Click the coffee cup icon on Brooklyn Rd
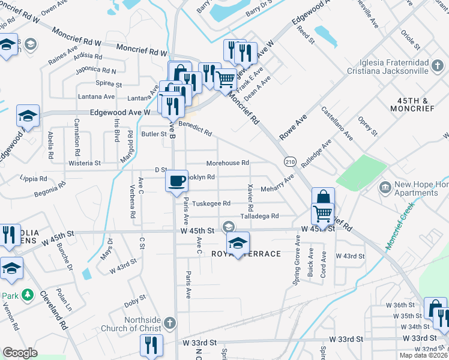[176, 181]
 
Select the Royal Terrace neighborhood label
[246, 254]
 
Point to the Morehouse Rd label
[228, 163]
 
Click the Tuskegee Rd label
[211, 203]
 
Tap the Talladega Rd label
[259, 216]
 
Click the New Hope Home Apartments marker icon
[384, 188]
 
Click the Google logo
[20, 353]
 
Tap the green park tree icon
[27, 295]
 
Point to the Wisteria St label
[84, 163]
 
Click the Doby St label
[135, 298]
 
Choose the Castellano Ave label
[337, 123]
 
